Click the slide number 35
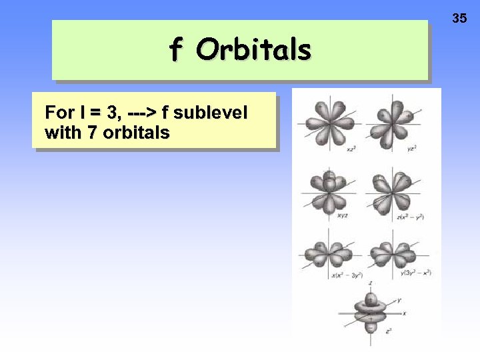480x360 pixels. (459, 18)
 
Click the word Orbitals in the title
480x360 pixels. (253, 49)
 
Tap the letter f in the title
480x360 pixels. (175, 49)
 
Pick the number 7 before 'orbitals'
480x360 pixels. (93, 133)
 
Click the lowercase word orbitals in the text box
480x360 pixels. (137, 133)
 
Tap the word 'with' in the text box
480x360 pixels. (61, 133)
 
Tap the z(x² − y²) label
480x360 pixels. (410, 217)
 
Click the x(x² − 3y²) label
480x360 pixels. (346, 275)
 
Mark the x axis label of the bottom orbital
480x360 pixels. (405, 313)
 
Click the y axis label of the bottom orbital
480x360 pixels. (399, 301)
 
